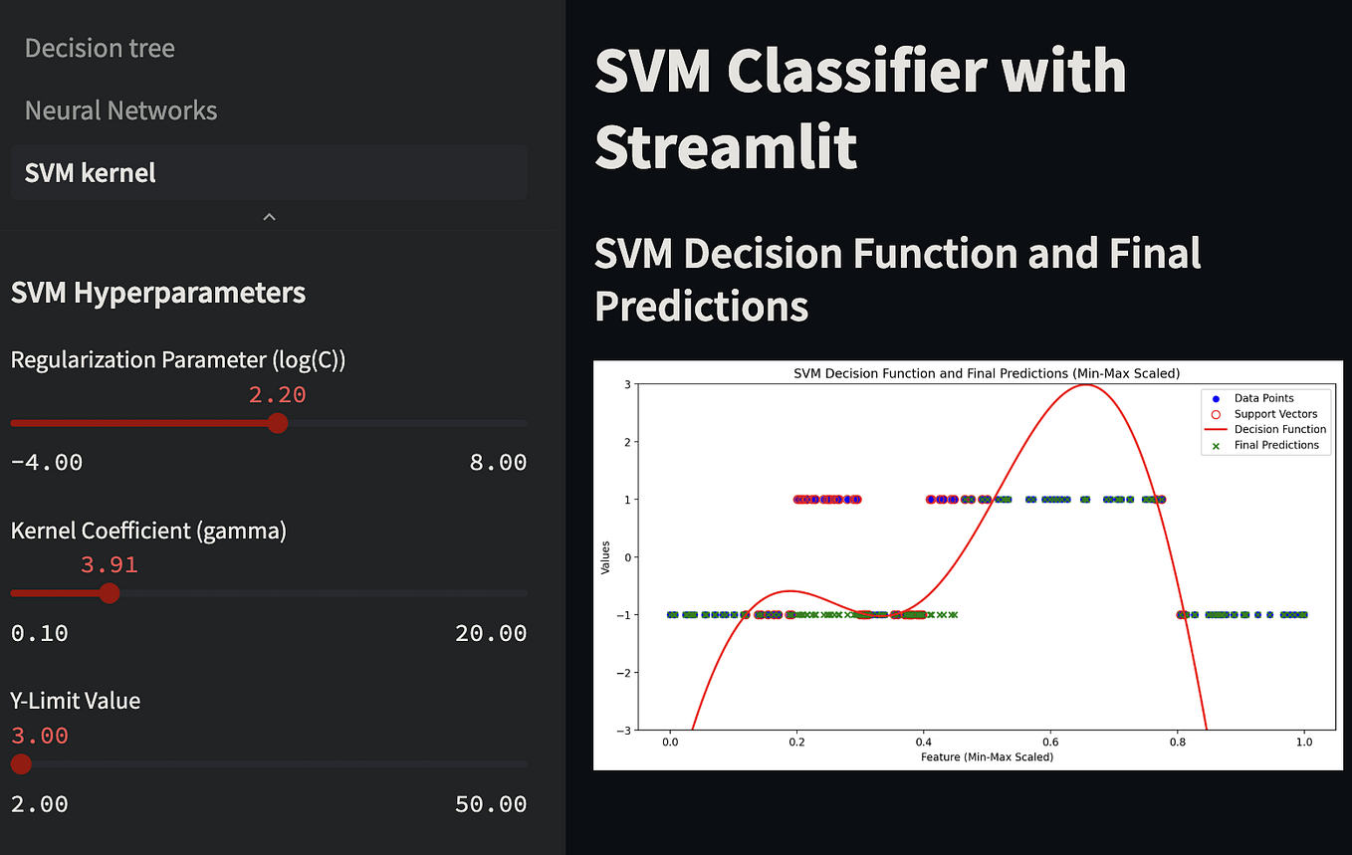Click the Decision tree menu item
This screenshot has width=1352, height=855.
click(x=100, y=48)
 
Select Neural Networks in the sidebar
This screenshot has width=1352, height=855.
click(x=120, y=110)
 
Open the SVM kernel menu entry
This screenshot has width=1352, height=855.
click(x=91, y=173)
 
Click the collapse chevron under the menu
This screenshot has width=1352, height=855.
click(x=269, y=216)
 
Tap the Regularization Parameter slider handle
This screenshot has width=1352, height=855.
click(x=278, y=423)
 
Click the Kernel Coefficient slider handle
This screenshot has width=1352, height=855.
click(x=110, y=593)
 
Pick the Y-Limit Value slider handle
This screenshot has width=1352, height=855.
click(x=21, y=764)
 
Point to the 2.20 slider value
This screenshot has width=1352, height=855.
click(x=278, y=395)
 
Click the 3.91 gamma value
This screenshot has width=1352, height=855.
click(x=110, y=565)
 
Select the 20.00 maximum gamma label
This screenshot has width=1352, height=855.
click(x=491, y=633)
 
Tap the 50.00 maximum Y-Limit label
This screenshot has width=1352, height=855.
click(x=491, y=804)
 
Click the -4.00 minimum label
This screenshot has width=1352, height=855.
click(x=47, y=463)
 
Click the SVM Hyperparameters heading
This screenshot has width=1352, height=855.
click(x=158, y=293)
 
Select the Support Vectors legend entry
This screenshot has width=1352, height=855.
click(x=1275, y=414)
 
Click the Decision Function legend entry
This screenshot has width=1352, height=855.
click(x=1279, y=430)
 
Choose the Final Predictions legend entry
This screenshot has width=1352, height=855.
click(x=1276, y=446)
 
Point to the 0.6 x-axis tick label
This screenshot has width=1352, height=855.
click(x=1049, y=742)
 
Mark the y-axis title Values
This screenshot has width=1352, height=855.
click(x=605, y=556)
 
